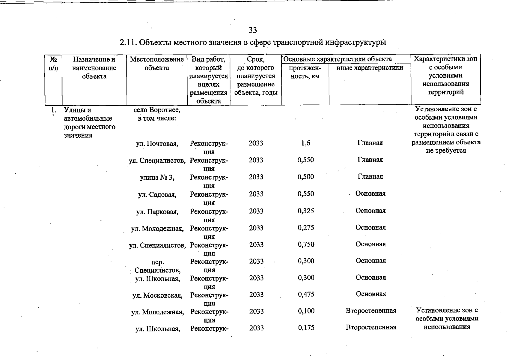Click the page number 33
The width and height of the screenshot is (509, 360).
pos(252,30)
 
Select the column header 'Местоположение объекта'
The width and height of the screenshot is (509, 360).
pos(157,64)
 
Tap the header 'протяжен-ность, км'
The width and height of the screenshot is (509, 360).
pos(305,72)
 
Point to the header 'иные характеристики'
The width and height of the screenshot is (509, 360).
pos(370,68)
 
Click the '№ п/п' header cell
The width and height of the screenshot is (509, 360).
pos(53,64)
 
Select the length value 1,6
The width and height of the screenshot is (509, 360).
pos(305,143)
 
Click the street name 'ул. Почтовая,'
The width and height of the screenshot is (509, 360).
pos(157,144)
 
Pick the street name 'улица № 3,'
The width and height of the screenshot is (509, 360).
pos(157,178)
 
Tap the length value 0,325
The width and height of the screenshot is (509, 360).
pos(306,211)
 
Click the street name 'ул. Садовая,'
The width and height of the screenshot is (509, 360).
pos(157,195)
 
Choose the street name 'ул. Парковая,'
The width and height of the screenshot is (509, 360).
pos(157,212)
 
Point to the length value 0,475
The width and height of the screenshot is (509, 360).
pos(306,294)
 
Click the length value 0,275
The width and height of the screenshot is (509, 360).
pos(306,227)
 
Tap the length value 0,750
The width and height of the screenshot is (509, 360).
pos(306,244)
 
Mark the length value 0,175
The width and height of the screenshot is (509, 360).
pos(306,327)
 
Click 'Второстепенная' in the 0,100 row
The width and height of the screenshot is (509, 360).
pos(371,310)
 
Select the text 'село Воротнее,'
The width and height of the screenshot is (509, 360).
pos(157,110)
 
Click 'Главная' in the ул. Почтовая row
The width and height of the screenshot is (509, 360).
pos(370,143)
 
